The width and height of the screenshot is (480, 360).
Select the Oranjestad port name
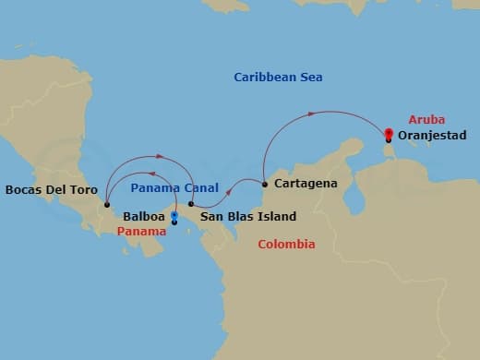click(x=434, y=136)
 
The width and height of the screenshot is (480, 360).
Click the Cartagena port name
click(x=306, y=184)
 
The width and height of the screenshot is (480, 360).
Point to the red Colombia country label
click(x=286, y=245)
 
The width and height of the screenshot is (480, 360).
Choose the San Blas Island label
click(x=248, y=217)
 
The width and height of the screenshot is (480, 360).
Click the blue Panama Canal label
click(x=174, y=187)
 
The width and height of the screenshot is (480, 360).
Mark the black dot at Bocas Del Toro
click(x=107, y=205)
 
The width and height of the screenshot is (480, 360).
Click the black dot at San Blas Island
click(x=191, y=204)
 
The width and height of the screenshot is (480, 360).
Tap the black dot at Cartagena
click(x=265, y=184)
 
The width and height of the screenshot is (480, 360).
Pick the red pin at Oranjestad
click(x=389, y=135)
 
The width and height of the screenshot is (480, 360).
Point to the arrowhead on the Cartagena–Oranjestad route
click(x=313, y=114)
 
